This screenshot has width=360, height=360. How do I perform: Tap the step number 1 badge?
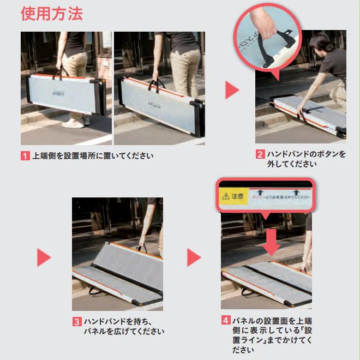point(25,156)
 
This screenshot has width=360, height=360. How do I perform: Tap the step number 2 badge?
point(261,154)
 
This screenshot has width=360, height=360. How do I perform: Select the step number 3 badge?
point(77,322)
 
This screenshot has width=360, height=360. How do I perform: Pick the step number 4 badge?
point(226,320)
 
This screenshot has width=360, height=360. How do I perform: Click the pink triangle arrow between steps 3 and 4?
point(194,257)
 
